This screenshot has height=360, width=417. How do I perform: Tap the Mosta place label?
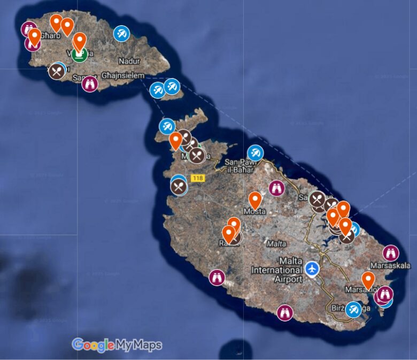point(254,211)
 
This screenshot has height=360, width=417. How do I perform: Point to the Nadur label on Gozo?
point(129,62)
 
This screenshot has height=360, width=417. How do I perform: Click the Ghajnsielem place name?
point(123,76)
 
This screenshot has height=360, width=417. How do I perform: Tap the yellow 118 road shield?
point(197,178)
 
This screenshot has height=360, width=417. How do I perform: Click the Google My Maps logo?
point(117,345)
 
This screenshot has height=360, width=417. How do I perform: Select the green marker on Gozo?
point(80,53)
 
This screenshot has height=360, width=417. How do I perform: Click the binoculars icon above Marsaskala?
point(391,252)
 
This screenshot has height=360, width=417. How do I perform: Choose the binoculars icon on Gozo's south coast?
point(90,83)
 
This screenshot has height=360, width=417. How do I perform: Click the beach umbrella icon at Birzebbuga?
point(353,309)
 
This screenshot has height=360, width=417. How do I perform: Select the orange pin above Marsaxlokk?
point(368,279)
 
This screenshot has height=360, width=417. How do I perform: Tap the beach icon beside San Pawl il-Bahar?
point(256,153)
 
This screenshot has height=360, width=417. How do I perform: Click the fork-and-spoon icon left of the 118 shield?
point(179,187)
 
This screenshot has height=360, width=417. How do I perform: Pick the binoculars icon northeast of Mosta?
point(276,188)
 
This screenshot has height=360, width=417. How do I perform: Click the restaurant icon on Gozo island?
point(57,71)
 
